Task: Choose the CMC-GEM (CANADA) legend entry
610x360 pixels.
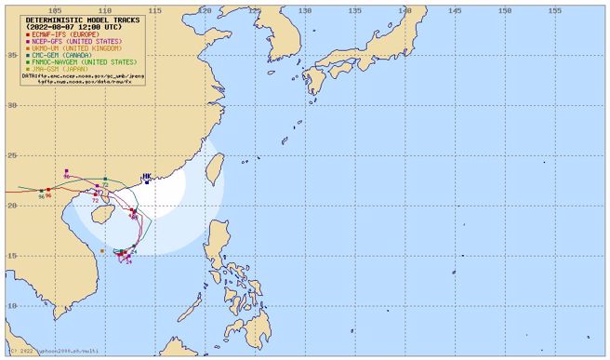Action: pyautogui.click(x=63, y=55)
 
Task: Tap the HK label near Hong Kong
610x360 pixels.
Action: pyautogui.click(x=146, y=175)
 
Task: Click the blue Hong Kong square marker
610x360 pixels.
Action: pyautogui.click(x=146, y=182)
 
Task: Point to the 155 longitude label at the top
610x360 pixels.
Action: pyautogui.click(x=553, y=10)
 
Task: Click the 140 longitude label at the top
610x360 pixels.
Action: pyautogui.click(x=404, y=10)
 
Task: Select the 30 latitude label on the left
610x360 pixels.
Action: pyautogui.click(x=12, y=105)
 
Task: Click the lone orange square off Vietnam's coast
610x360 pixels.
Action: pyautogui.click(x=100, y=251)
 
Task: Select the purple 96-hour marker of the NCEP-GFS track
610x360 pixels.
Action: pyautogui.click(x=67, y=172)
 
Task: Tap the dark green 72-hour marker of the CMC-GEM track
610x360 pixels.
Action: pyautogui.click(x=106, y=179)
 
